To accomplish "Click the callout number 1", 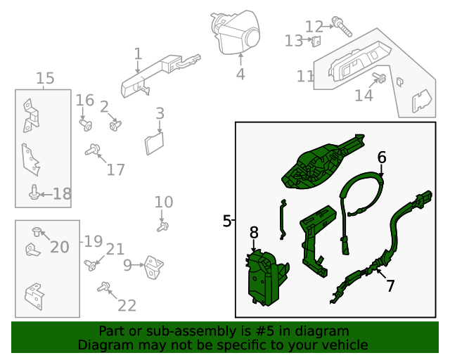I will point(138,53).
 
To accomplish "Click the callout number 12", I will point(314,27).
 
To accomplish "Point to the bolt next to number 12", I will point(345,29).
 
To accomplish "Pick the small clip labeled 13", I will point(316,41).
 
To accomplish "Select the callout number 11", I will point(305,76).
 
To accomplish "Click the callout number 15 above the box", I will point(44,79).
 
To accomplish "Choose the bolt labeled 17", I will point(92,149).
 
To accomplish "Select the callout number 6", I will point(382,157).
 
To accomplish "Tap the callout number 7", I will point(390,285).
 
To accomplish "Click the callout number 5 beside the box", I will point(226,221).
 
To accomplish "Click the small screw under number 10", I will point(163,226).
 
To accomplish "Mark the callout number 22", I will point(127,305).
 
